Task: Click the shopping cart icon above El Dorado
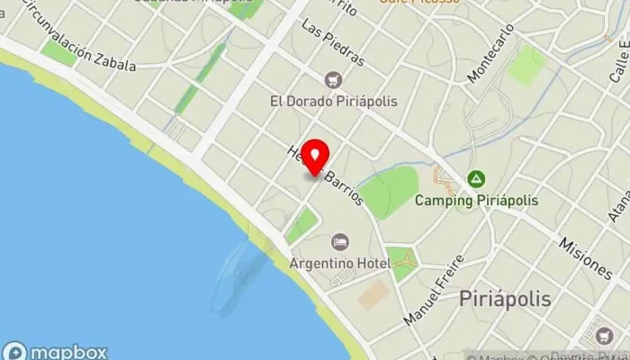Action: point(335,80)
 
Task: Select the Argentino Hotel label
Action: point(339,263)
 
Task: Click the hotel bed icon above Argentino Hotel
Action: point(339,242)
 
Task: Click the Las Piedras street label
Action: point(333,41)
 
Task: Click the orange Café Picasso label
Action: point(419,3)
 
